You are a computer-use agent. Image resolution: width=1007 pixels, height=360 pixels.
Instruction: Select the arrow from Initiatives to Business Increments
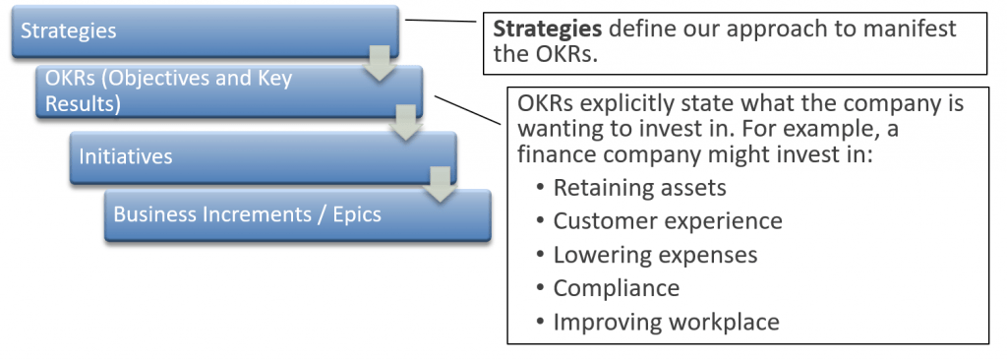(x=441, y=185)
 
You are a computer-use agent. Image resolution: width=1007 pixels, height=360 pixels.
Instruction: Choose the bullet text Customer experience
(x=668, y=220)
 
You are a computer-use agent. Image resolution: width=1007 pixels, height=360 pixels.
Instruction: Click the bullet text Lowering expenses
(x=655, y=255)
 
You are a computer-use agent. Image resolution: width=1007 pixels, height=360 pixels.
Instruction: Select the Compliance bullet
(x=617, y=288)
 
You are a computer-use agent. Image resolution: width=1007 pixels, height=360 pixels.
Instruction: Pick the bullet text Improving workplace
(x=666, y=322)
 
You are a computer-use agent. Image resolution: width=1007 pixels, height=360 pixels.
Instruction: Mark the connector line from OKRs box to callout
(x=469, y=110)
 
